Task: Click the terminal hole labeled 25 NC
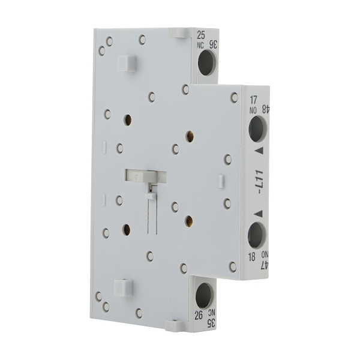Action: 206,63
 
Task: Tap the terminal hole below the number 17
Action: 257,128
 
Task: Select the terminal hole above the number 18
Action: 256,235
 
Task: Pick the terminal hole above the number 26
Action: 204,295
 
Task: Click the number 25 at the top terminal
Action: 200,35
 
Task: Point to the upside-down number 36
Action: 212,44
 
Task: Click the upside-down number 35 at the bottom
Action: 211,323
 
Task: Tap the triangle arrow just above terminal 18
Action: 257,212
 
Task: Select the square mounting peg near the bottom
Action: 123,287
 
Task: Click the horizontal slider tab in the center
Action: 145,175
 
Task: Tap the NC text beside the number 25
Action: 200,44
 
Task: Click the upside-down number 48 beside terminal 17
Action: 264,109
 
